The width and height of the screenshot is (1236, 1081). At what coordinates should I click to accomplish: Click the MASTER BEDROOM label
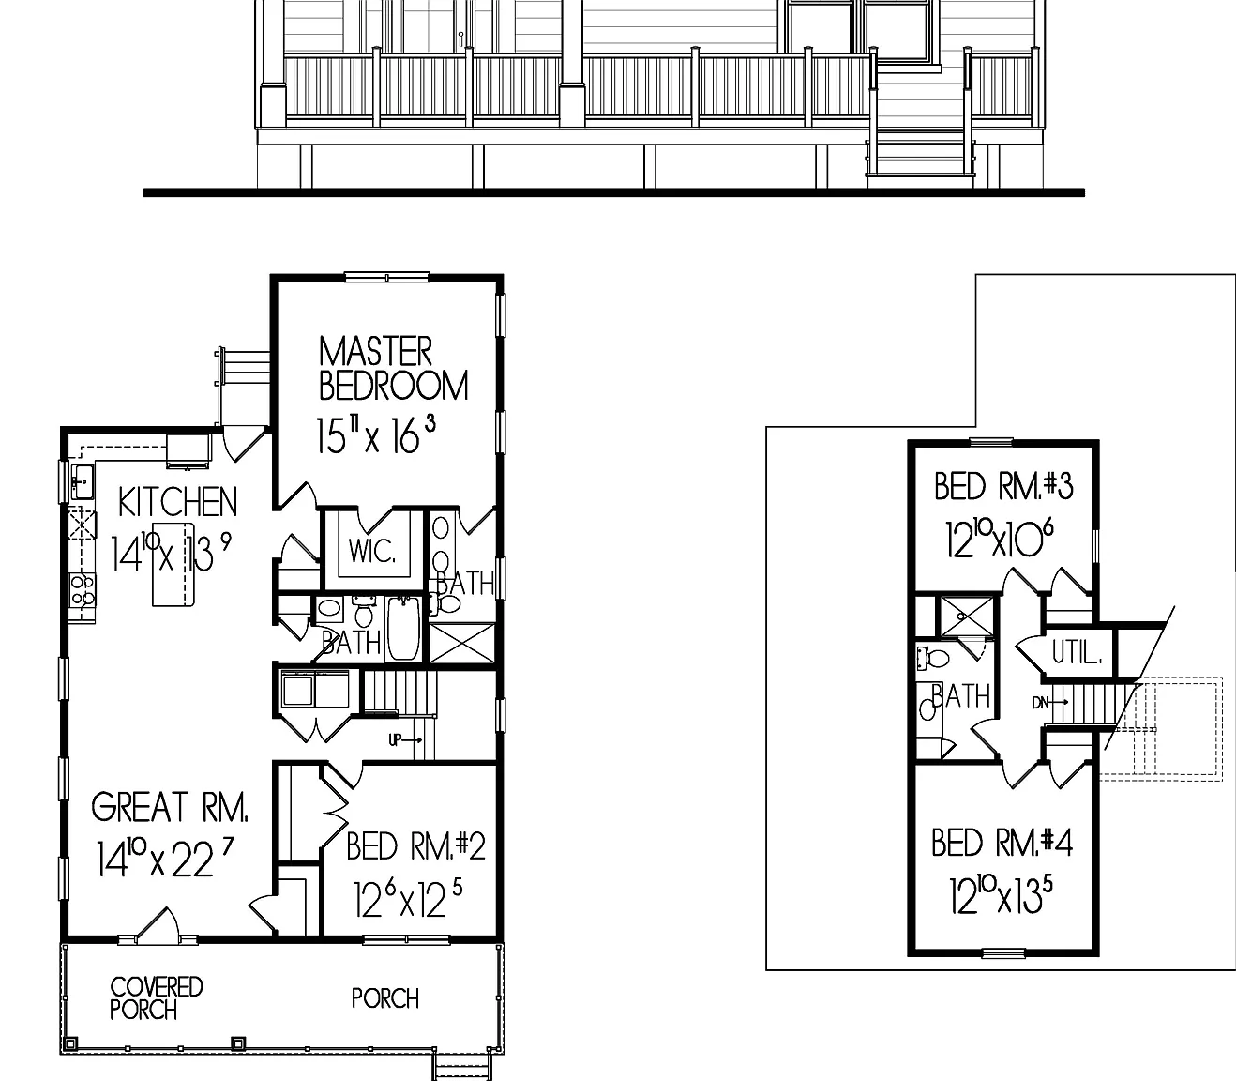coord(393,369)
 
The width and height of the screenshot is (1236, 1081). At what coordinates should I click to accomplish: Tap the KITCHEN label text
coord(177,502)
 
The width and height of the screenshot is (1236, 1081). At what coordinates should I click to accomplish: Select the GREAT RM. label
coord(170,806)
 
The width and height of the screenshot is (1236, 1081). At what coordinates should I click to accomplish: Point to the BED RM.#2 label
coord(415,845)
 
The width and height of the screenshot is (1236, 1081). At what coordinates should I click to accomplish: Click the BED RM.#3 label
coord(1003,486)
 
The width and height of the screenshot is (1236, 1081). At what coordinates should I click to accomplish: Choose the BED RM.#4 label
coord(1002,843)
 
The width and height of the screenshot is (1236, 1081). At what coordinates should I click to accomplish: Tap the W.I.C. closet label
coord(372,551)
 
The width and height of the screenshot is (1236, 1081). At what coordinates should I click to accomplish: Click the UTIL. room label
coord(1077,652)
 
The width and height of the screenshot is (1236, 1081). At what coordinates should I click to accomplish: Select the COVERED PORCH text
coord(156,998)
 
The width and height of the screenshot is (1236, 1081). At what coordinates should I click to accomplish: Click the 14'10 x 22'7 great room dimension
coord(164,859)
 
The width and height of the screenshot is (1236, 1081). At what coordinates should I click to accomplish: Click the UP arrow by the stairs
coord(405,740)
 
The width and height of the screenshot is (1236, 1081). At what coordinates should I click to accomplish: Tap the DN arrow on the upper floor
coord(1050,702)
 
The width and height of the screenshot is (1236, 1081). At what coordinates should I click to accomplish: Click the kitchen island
coord(173,564)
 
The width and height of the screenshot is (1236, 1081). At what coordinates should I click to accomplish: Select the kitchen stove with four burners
coord(83,589)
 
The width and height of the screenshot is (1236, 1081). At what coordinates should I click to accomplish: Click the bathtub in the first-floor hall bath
coord(403,628)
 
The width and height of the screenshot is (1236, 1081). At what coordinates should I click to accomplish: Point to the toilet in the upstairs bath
coord(932,658)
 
